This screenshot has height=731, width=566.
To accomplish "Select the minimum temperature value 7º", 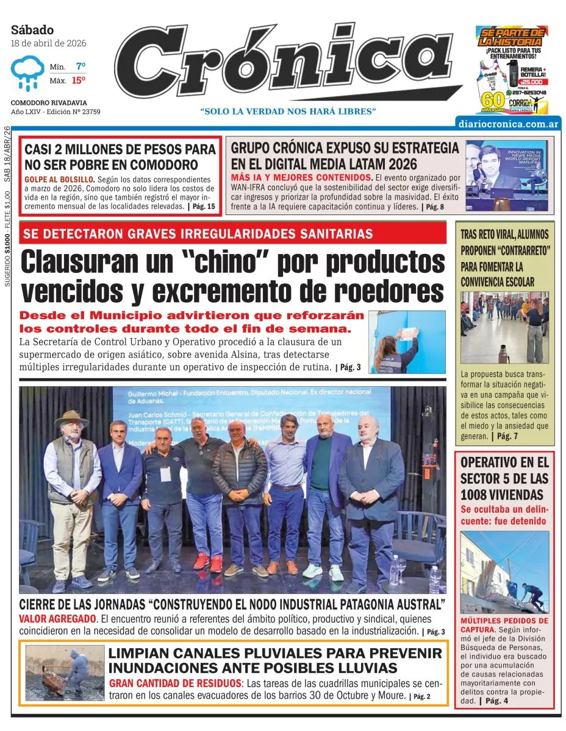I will click(x=81, y=66).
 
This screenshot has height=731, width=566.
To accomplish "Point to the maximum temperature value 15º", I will click(x=79, y=80).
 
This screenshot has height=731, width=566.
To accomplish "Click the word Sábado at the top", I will click(x=32, y=30).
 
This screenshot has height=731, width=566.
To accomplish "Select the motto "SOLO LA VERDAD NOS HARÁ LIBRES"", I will click(x=288, y=111).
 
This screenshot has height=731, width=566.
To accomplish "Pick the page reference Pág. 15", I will click(x=204, y=207).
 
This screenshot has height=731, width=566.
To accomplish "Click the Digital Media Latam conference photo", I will click(x=507, y=176).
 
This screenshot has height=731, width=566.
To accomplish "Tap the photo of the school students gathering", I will click(x=504, y=327).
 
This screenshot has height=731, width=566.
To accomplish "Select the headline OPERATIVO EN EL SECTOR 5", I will click(x=504, y=478).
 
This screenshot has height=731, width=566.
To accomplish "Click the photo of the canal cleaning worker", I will click(x=65, y=673).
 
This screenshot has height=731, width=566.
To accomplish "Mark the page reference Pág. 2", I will click(x=420, y=696).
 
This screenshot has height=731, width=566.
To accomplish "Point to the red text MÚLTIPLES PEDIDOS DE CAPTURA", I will click(x=504, y=624).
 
